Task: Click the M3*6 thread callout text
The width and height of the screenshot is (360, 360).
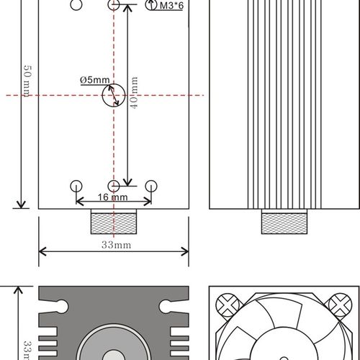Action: click(172, 6)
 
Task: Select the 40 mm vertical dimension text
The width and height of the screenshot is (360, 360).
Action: click(134, 94)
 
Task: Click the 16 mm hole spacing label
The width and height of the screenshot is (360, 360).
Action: click(113, 197)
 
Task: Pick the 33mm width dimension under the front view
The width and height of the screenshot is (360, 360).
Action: click(113, 245)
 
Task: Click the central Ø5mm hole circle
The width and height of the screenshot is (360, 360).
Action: click(113, 94)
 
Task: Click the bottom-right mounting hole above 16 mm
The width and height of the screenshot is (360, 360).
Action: click(150, 186)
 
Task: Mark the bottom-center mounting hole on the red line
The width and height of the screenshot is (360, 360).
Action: click(113, 186)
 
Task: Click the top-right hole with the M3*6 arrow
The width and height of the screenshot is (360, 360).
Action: click(150, 5)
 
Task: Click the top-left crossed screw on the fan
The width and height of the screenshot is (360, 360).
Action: click(229, 304)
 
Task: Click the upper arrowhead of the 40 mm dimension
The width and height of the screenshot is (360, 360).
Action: click(127, 9)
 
